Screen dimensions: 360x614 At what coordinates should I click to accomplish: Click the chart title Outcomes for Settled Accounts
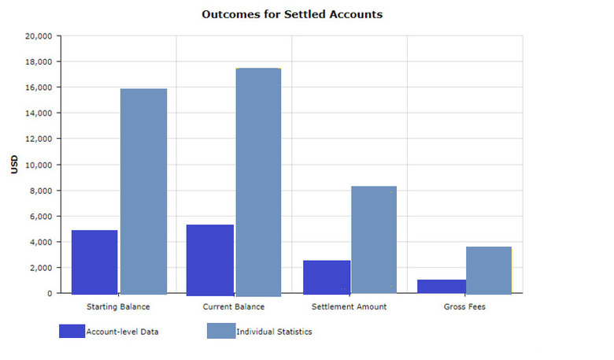coord(292,14)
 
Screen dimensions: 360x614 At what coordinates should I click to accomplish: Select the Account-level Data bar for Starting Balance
coord(94,262)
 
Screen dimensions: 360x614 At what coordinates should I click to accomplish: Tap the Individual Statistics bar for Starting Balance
coord(143,191)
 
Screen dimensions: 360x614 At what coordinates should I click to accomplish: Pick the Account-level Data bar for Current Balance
coord(210,259)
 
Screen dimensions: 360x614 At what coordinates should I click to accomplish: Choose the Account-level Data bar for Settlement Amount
coord(327,276)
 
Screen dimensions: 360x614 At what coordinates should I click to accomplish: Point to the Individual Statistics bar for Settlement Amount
coord(374,239)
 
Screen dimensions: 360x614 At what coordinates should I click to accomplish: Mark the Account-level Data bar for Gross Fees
coord(442,286)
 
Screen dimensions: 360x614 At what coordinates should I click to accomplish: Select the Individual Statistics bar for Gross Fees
coord(489,270)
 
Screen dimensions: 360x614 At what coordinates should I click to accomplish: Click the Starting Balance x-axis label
coord(119,306)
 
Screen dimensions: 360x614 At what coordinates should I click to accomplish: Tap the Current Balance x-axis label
coord(234,306)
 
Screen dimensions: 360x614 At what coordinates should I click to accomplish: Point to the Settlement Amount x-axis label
coord(350,306)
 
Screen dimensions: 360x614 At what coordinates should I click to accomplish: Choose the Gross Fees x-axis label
coord(465,306)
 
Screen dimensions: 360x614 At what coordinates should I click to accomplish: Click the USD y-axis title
coord(14,165)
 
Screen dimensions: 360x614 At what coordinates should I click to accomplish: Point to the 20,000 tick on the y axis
coord(38,36)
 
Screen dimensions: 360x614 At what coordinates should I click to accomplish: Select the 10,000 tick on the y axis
coord(38,165)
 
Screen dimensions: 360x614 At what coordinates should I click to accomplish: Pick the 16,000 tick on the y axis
coord(38,87)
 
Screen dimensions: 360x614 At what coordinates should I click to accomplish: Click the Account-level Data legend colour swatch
coord(72,332)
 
